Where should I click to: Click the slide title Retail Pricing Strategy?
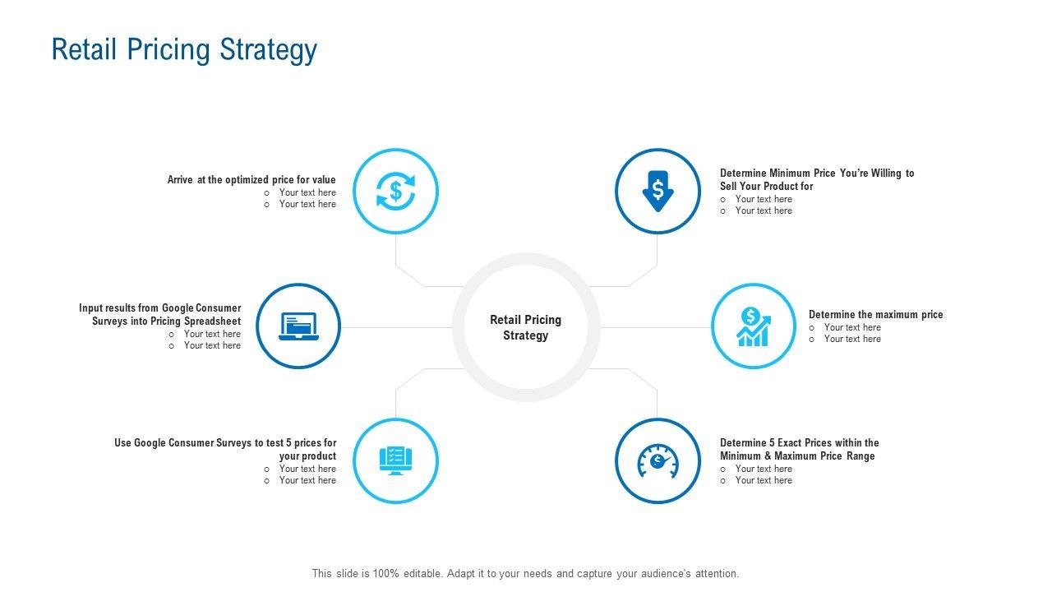tap(184, 50)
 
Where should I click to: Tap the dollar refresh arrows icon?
tap(395, 192)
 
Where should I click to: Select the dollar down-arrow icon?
tap(657, 192)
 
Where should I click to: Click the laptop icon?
tap(298, 326)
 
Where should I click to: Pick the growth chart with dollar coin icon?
tap(754, 326)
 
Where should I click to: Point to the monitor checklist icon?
tap(395, 460)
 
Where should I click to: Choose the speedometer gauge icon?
tap(657, 460)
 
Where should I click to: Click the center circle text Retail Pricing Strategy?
tap(526, 327)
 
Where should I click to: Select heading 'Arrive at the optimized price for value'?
tap(251, 179)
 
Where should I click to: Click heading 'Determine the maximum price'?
tap(875, 314)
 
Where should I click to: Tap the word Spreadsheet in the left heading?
tap(213, 321)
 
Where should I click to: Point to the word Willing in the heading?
tap(886, 173)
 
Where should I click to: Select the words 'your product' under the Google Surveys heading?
tap(307, 456)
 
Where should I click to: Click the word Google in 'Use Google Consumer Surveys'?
tap(150, 442)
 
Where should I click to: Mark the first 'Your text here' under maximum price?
tap(852, 327)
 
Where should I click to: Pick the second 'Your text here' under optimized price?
tap(307, 204)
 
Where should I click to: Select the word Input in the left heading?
tap(90, 308)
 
